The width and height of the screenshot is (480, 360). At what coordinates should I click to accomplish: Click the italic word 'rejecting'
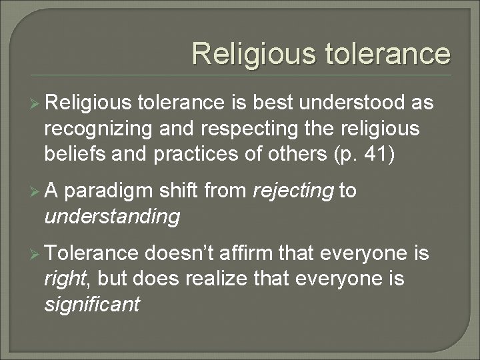pos(294,193)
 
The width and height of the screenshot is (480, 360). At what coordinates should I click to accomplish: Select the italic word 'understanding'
pos(113,216)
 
